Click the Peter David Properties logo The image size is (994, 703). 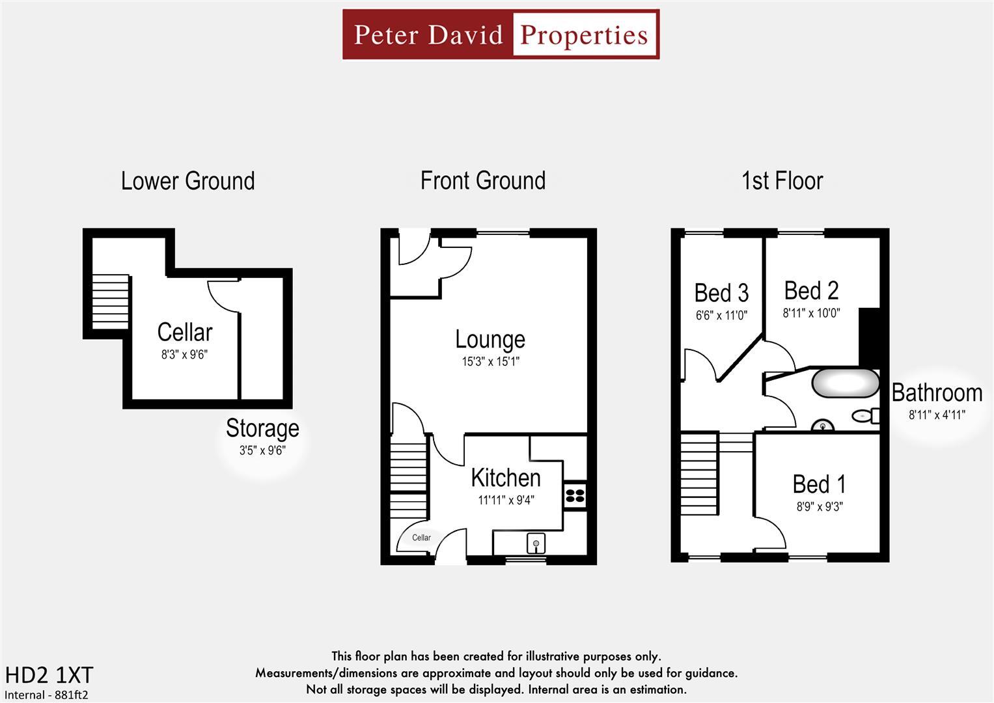pyautogui.click(x=501, y=34)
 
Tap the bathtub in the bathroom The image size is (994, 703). pyautogui.click(x=845, y=383)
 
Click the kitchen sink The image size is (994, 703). pyautogui.click(x=536, y=542)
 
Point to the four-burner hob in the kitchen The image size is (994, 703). pyautogui.click(x=575, y=495)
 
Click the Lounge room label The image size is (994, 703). pyautogui.click(x=490, y=339)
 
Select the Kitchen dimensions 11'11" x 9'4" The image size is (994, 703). pyautogui.click(x=506, y=500)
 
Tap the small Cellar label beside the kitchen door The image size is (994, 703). pyautogui.click(x=421, y=538)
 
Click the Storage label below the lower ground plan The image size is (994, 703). pyautogui.click(x=262, y=428)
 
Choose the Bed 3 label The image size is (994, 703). pyautogui.click(x=721, y=293)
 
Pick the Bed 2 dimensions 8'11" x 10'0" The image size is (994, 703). pyautogui.click(x=811, y=313)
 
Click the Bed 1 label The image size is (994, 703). pyautogui.click(x=819, y=484)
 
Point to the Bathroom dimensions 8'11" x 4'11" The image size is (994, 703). pyautogui.click(x=937, y=415)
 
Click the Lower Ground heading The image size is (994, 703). pyautogui.click(x=187, y=181)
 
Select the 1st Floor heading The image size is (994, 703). pyautogui.click(x=782, y=181)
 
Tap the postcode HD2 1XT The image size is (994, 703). pyautogui.click(x=49, y=675)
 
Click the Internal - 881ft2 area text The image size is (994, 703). pyautogui.click(x=46, y=695)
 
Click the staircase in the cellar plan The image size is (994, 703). pyautogui.click(x=110, y=301)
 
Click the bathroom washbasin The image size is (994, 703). pyautogui.click(x=823, y=426)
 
